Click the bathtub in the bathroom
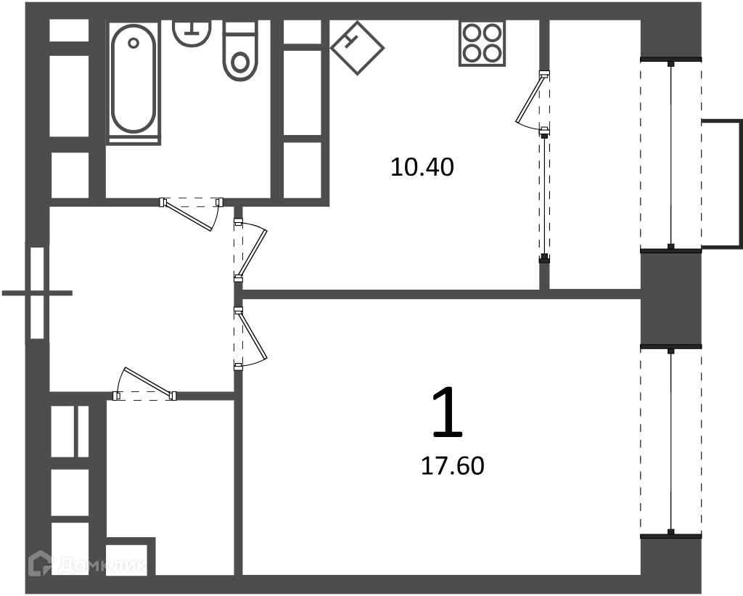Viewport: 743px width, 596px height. tap(134, 81)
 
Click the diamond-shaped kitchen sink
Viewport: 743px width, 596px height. tap(357, 47)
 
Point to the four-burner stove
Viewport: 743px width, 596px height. tap(482, 43)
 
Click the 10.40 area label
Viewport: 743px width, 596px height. tap(422, 168)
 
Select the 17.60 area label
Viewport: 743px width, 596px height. tap(453, 466)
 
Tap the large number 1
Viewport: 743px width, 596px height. tap(447, 412)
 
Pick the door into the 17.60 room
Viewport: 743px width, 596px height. tap(250, 338)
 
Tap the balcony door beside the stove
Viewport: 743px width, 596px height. tap(533, 99)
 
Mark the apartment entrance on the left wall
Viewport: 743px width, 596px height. tap(38, 293)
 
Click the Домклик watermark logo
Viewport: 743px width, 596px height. tap(88, 564)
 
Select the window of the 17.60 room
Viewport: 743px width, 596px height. tap(671, 441)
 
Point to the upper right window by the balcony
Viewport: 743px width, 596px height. tap(671, 155)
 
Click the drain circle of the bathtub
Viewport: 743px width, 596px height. tap(134, 43)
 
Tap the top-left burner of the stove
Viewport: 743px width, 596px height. tap(472, 33)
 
